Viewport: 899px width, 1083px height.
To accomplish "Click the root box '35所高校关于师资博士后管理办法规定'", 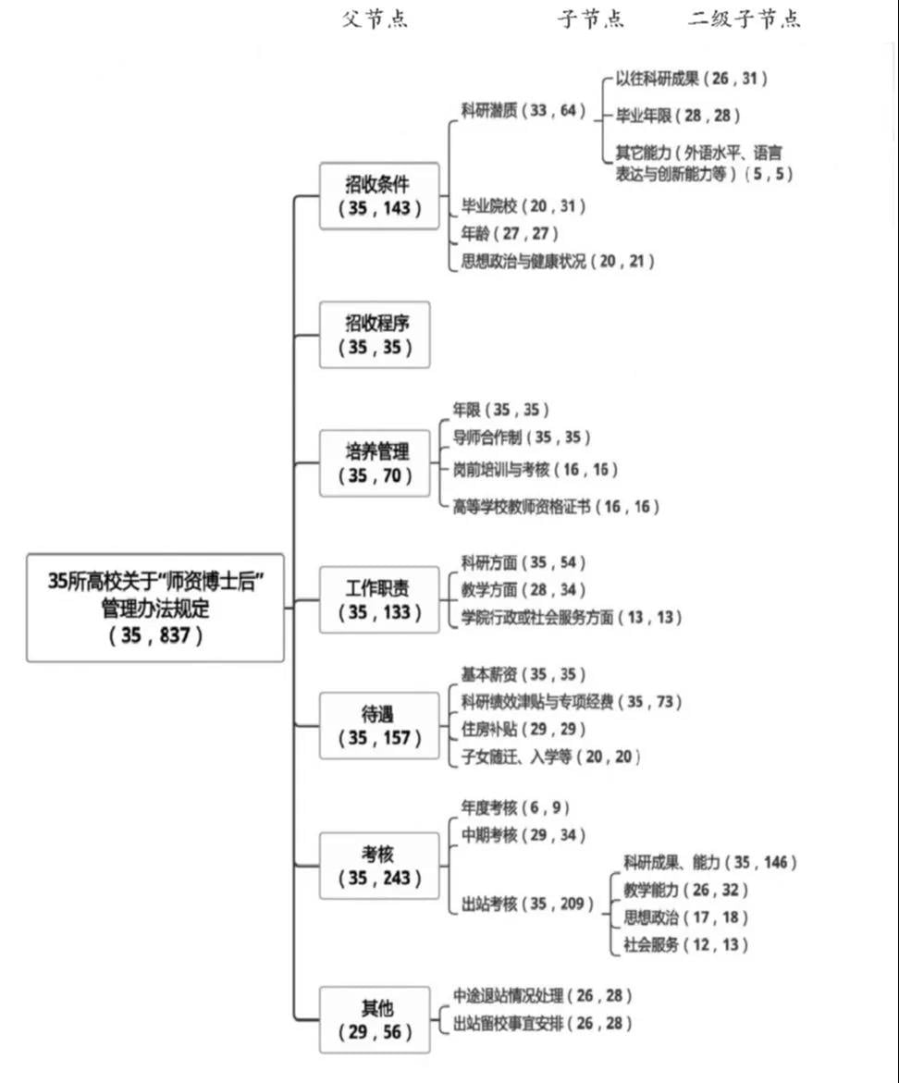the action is [x=155, y=608].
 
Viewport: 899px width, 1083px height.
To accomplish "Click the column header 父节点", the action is [x=375, y=18].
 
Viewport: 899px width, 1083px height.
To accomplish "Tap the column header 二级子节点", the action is [x=745, y=18].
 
